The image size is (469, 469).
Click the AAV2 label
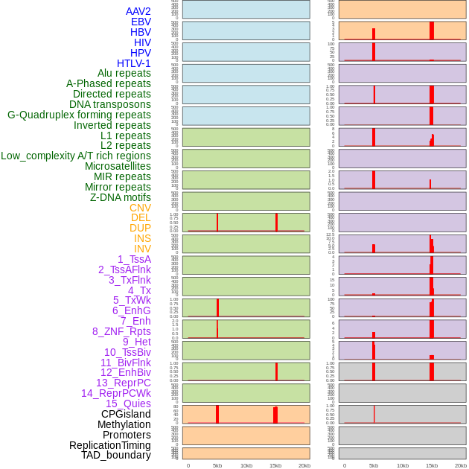coord(138,11)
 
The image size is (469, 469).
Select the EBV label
coord(141,22)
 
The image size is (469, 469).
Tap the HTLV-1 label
coord(133,63)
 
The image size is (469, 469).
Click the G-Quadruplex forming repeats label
coord(79,115)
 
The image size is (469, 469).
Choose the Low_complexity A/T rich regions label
coord(76,156)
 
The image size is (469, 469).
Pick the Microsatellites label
coord(118,166)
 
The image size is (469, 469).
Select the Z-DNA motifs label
coord(121,197)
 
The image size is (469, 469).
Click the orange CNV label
coord(140,208)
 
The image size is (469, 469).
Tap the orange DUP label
coord(140,228)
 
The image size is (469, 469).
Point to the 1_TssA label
coord(134,259)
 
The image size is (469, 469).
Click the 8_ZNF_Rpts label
coord(121,331)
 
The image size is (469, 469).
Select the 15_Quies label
coord(128,403)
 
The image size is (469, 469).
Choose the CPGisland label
coord(126,414)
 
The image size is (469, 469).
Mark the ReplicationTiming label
coord(110,445)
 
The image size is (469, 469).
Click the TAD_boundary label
coord(116,455)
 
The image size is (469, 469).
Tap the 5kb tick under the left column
coord(217,465)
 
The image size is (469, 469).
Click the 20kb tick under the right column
coord(461,465)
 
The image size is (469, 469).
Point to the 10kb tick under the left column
coord(246,465)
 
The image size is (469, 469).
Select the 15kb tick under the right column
coord(432,465)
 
